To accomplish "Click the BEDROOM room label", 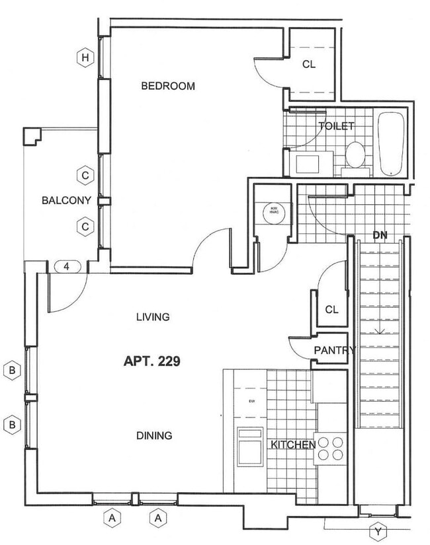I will click(168, 86).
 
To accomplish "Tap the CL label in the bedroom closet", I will click(309, 64).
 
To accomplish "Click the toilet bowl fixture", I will click(355, 155).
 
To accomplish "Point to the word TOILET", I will click(336, 126).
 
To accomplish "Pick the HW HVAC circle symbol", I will click(272, 213).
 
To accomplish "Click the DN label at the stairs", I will click(380, 235).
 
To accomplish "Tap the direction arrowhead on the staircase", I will click(380, 332).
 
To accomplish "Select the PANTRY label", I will click(335, 350).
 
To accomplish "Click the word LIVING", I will click(153, 316).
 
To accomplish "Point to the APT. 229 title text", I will click(152, 361).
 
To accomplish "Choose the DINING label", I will click(154, 435).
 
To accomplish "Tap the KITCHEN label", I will click(292, 445).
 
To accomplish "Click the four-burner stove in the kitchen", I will click(330, 449).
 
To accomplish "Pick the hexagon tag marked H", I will click(84, 58).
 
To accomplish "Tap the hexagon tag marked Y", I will click(378, 531).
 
